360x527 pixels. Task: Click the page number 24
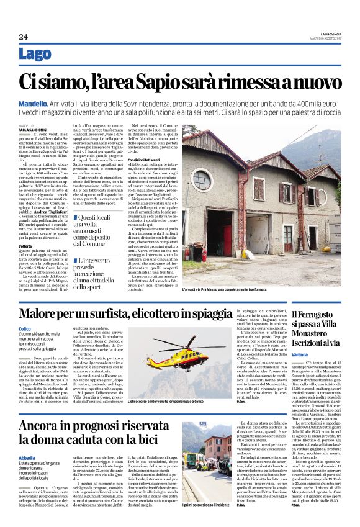click(x=23, y=36)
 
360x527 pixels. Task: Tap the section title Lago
click(x=35, y=54)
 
